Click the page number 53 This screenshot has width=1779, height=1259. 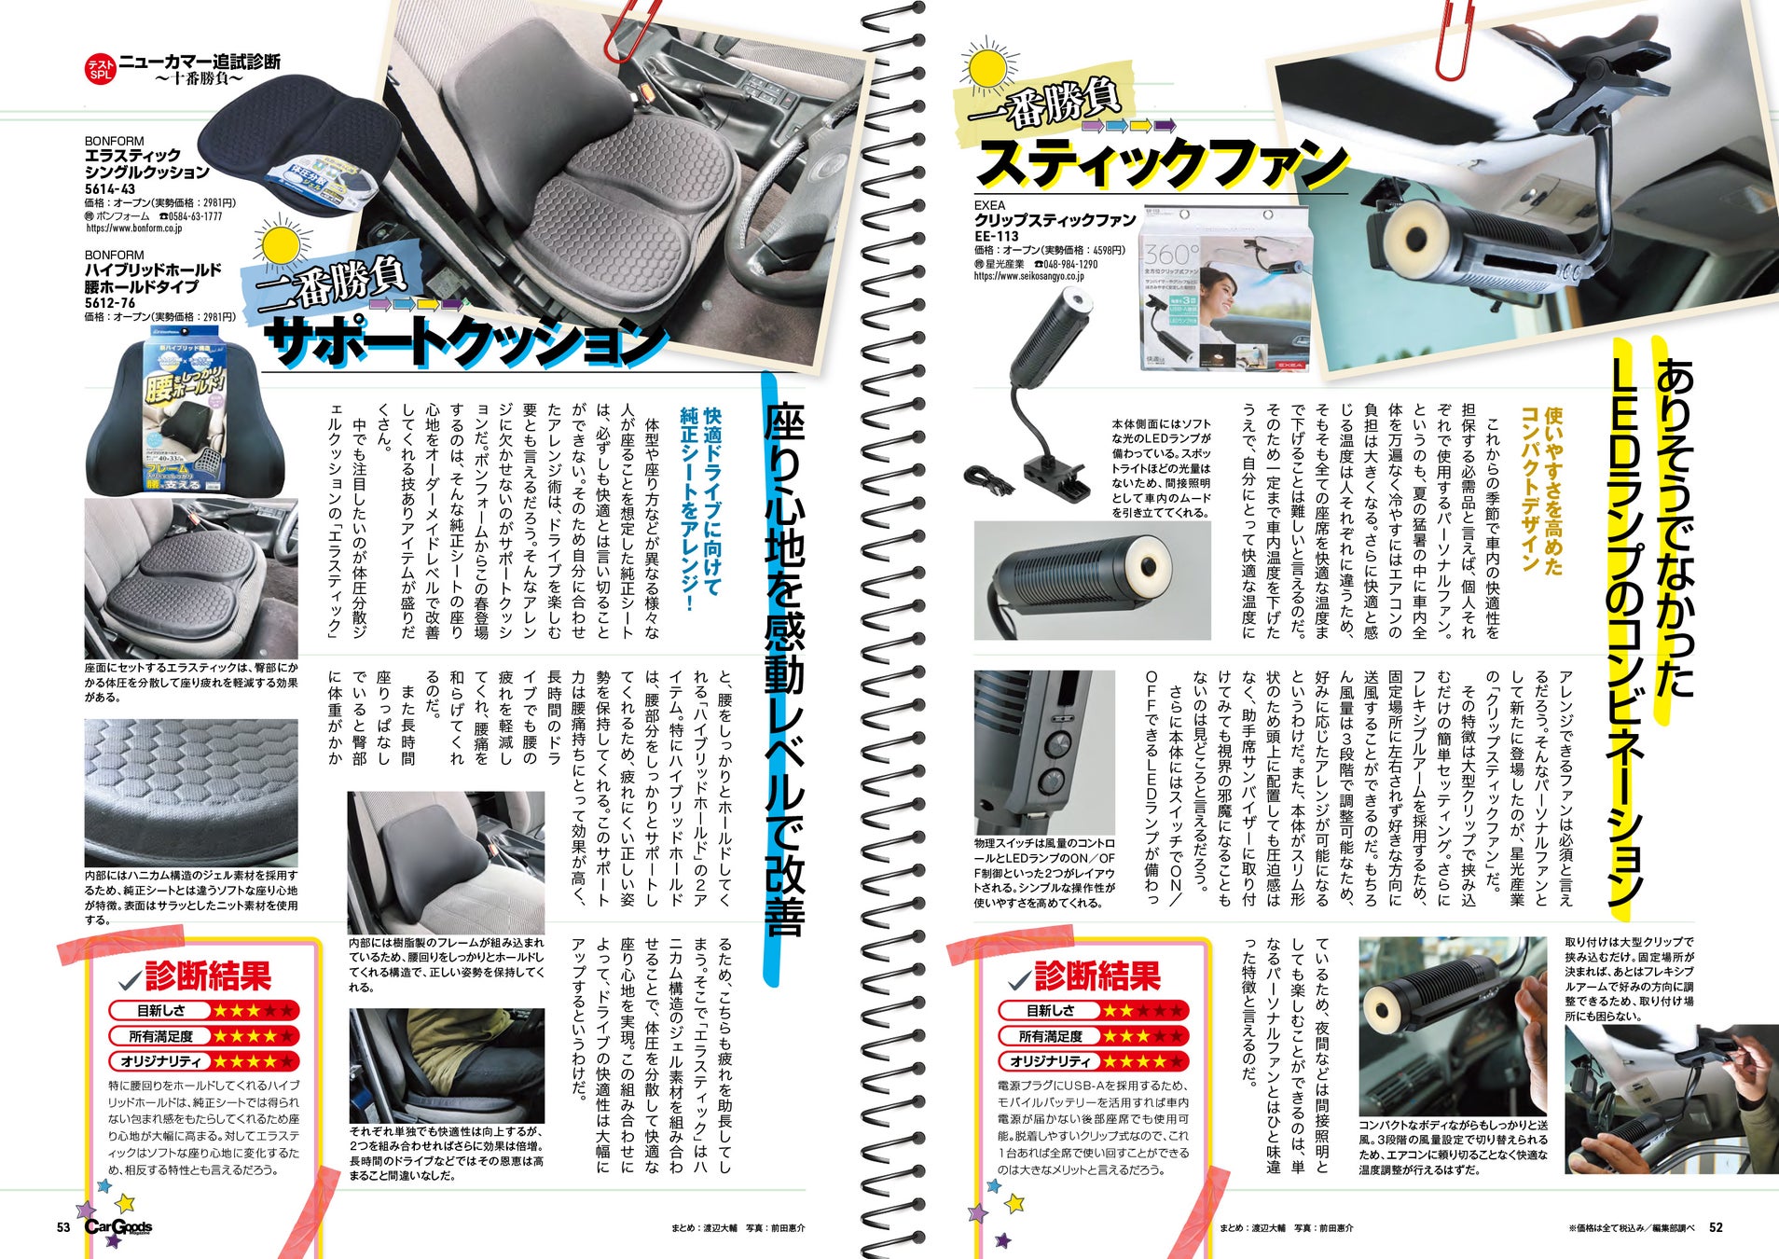coord(63,1227)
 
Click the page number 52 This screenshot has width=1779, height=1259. coord(1716,1227)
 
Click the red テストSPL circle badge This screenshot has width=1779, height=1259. coord(100,69)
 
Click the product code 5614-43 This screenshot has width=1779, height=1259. coord(110,189)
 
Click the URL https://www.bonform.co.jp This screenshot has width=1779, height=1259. coord(134,228)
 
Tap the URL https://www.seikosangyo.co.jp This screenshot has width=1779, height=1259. coord(1029,277)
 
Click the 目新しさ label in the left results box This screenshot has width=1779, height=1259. coord(161,1011)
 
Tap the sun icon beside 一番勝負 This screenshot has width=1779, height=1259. coord(989,68)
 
